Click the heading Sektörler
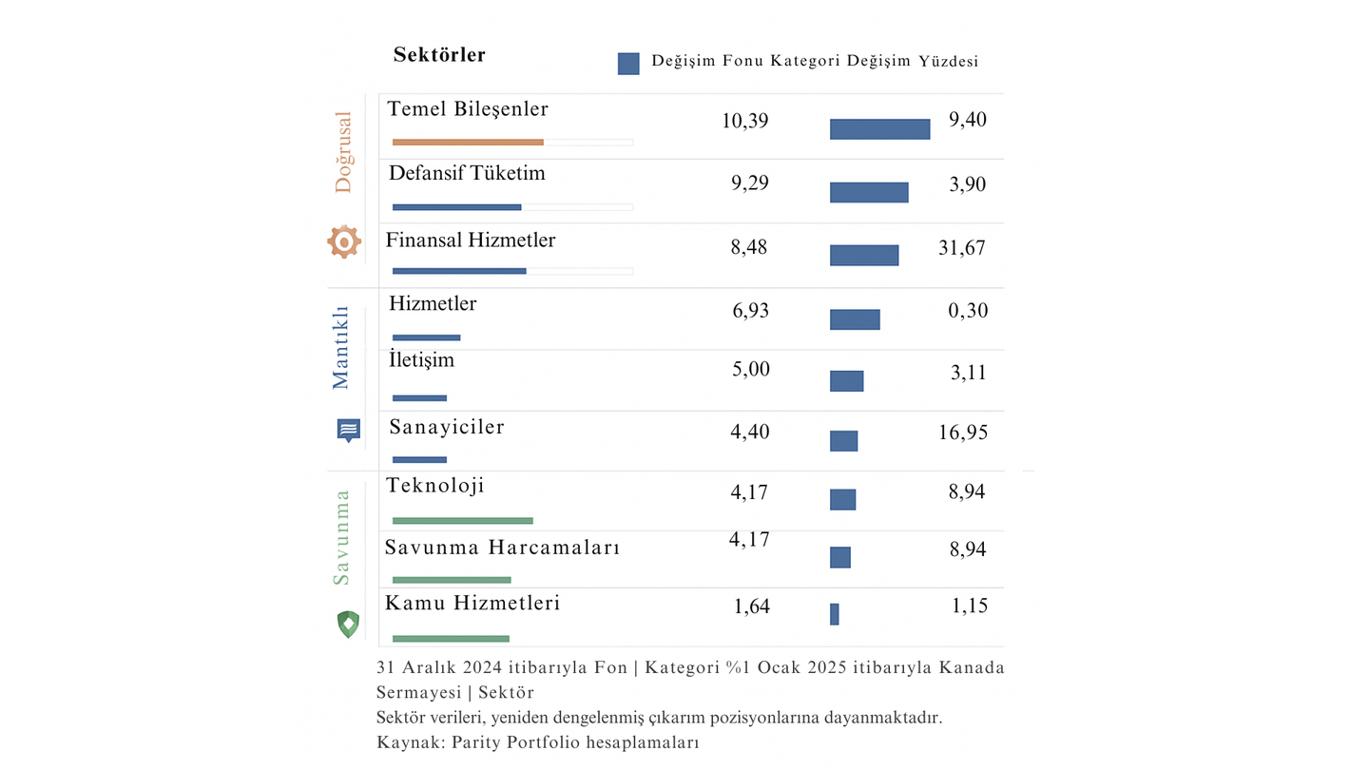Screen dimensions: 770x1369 (x=439, y=55)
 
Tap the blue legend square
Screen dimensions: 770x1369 (x=628, y=64)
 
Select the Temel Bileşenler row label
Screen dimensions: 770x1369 (x=468, y=109)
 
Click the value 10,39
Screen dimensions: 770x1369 (x=745, y=121)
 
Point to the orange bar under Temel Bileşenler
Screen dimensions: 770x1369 (x=468, y=143)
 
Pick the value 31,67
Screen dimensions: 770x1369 (x=961, y=248)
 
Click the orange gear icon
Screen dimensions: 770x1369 (x=344, y=241)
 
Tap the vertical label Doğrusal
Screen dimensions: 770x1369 (x=343, y=152)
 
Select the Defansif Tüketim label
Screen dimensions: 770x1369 (x=467, y=174)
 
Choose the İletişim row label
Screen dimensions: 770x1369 (x=422, y=360)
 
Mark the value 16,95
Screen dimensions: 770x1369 (x=961, y=433)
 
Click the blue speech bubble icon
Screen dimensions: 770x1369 (x=349, y=430)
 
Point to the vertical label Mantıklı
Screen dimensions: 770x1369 (x=341, y=348)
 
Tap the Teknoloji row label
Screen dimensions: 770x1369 (x=435, y=486)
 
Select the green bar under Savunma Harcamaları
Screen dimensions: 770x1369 (x=452, y=580)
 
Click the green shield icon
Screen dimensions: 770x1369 (x=349, y=625)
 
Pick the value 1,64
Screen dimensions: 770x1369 (x=751, y=606)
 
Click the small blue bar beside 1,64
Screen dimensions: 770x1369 (x=835, y=614)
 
